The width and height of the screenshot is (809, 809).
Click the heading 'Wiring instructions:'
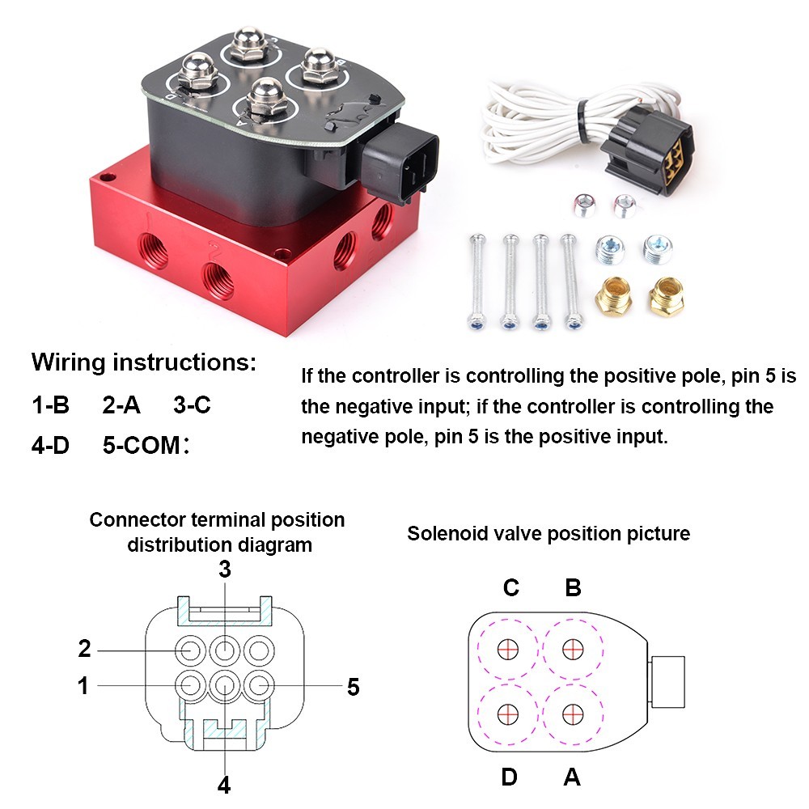tap(143, 362)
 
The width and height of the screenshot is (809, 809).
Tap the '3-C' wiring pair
tap(192, 404)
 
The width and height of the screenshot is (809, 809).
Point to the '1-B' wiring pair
tap(51, 404)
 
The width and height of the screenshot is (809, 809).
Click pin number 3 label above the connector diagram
tap(225, 570)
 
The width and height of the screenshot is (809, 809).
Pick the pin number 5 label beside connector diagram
tap(353, 688)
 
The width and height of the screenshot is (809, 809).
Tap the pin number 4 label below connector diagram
tap(224, 784)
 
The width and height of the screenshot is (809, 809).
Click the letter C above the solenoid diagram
tap(510, 587)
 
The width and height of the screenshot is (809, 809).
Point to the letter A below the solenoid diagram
tap(572, 777)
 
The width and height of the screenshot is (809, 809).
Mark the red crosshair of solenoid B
tap(573, 649)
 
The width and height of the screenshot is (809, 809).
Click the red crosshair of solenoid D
tap(508, 714)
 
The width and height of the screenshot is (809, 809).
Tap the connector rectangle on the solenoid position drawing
tap(667, 680)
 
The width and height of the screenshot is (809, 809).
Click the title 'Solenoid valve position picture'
tap(549, 534)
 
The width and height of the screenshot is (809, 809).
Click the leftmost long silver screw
tap(476, 281)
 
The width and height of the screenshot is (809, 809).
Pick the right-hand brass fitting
tap(666, 297)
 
